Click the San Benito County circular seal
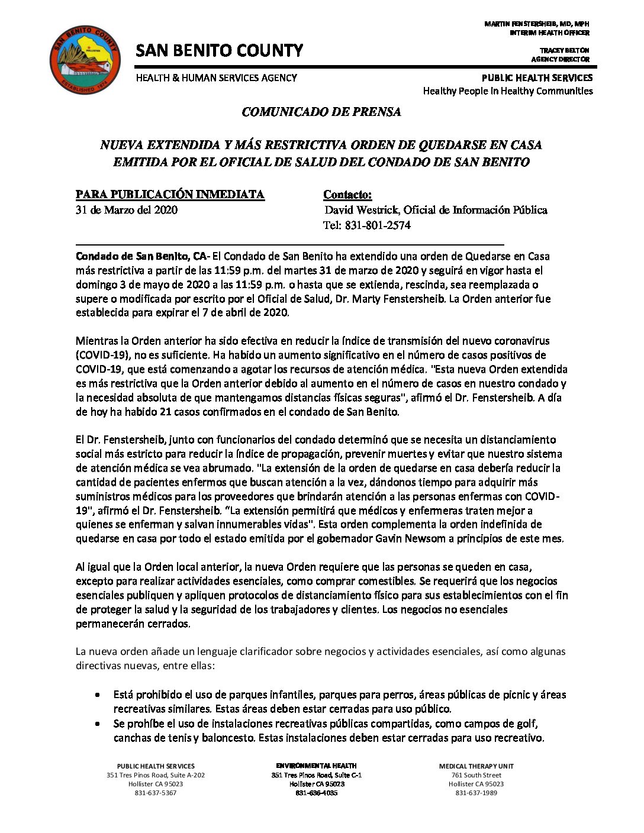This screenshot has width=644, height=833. click(x=85, y=60)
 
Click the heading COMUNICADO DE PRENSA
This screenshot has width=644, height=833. click(x=321, y=112)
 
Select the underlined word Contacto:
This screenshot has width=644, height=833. click(x=347, y=195)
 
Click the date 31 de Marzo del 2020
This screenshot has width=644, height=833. click(x=127, y=210)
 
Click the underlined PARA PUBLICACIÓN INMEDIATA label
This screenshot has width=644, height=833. click(x=170, y=195)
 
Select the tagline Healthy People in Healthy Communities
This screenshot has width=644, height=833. click(x=507, y=91)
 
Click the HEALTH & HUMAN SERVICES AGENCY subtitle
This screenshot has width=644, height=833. click(x=217, y=78)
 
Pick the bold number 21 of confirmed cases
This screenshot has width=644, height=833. click(x=173, y=412)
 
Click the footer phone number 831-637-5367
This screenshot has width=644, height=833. click(x=156, y=793)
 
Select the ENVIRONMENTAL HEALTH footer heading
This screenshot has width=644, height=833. click(x=316, y=766)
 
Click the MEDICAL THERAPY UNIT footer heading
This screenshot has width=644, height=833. click(x=476, y=766)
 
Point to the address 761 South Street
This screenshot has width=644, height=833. click(x=476, y=775)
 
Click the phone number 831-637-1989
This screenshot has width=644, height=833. click(x=476, y=793)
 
